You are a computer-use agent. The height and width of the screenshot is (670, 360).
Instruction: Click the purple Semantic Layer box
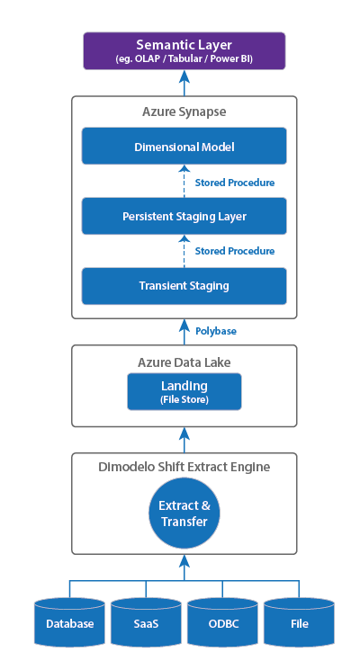pyautogui.click(x=184, y=51)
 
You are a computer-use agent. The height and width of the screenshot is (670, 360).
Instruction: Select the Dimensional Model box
pyautogui.click(x=184, y=146)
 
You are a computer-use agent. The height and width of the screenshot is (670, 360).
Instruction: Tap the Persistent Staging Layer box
pyautogui.click(x=184, y=216)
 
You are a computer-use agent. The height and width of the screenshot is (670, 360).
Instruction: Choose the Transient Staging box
pyautogui.click(x=184, y=286)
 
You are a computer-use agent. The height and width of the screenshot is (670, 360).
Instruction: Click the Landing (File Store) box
pyautogui.click(x=184, y=391)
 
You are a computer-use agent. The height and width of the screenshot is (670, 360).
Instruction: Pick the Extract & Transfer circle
pyautogui.click(x=184, y=514)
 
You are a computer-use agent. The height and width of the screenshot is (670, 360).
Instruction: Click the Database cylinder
pyautogui.click(x=69, y=622)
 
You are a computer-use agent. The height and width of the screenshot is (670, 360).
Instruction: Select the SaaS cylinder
pyautogui.click(x=146, y=622)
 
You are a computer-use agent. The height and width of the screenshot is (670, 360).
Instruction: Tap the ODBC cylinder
pyautogui.click(x=223, y=622)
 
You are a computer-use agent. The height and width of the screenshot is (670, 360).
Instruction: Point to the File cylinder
pyautogui.click(x=300, y=622)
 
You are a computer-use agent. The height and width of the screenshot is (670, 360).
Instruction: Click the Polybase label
pyautogui.click(x=216, y=331)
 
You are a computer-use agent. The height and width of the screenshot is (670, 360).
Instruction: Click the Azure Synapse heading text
pyautogui.click(x=184, y=112)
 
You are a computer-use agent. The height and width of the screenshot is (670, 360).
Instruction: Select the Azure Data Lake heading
pyautogui.click(x=184, y=362)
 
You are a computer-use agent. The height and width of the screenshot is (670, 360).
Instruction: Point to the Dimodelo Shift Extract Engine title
pyautogui.click(x=184, y=467)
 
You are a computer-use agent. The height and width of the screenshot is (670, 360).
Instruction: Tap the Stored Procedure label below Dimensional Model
pyautogui.click(x=235, y=183)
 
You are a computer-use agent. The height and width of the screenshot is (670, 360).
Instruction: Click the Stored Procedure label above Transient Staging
pyautogui.click(x=235, y=251)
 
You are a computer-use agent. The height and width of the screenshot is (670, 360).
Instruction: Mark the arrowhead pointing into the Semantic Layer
pyautogui.click(x=184, y=76)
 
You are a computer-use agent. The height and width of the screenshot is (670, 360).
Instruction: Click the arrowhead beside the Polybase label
pyautogui.click(x=184, y=326)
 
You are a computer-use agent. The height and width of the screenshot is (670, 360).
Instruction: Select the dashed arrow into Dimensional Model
pyautogui.click(x=184, y=181)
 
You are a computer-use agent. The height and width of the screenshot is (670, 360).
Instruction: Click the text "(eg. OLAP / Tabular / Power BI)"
pyautogui.click(x=184, y=58)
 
